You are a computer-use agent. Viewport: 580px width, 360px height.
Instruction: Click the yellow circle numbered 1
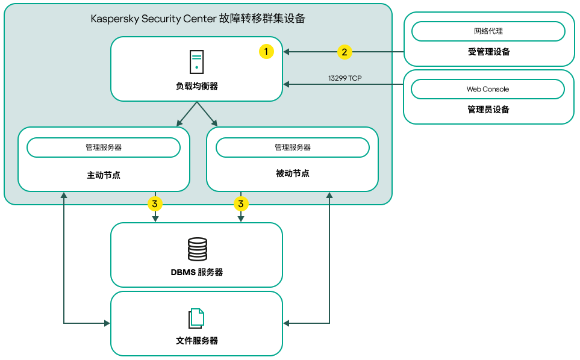(266, 52)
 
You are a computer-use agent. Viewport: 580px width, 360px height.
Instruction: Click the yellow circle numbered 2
(344, 52)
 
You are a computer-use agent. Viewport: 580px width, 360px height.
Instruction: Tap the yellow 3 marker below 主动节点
(155, 204)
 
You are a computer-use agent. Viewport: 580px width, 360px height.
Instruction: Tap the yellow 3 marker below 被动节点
(241, 204)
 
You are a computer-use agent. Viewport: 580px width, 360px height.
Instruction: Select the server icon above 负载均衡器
(196, 61)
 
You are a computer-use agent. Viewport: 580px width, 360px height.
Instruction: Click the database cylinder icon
(197, 248)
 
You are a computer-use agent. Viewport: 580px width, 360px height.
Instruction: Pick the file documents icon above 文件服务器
(196, 318)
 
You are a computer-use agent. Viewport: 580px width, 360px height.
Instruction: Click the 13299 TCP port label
(345, 78)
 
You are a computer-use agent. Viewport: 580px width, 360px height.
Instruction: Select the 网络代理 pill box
(488, 31)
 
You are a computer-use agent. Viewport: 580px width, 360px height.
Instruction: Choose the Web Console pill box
(488, 89)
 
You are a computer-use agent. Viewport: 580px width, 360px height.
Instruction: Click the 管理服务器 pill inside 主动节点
(104, 147)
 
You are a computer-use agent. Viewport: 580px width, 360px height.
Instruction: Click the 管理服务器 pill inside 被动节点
(293, 147)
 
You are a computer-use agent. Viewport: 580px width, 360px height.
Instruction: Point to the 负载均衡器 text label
(197, 87)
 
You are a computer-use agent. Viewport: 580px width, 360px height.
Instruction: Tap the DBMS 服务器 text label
(197, 272)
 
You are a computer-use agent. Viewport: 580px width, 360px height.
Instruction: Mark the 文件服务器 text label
(197, 341)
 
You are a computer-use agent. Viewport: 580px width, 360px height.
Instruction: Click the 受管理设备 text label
(488, 52)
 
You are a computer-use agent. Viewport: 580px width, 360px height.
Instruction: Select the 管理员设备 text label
(488, 110)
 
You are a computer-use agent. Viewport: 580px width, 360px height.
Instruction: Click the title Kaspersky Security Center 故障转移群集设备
(198, 19)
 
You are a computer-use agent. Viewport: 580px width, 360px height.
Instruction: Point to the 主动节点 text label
(104, 175)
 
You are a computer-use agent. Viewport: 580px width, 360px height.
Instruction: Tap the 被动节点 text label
(293, 173)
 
